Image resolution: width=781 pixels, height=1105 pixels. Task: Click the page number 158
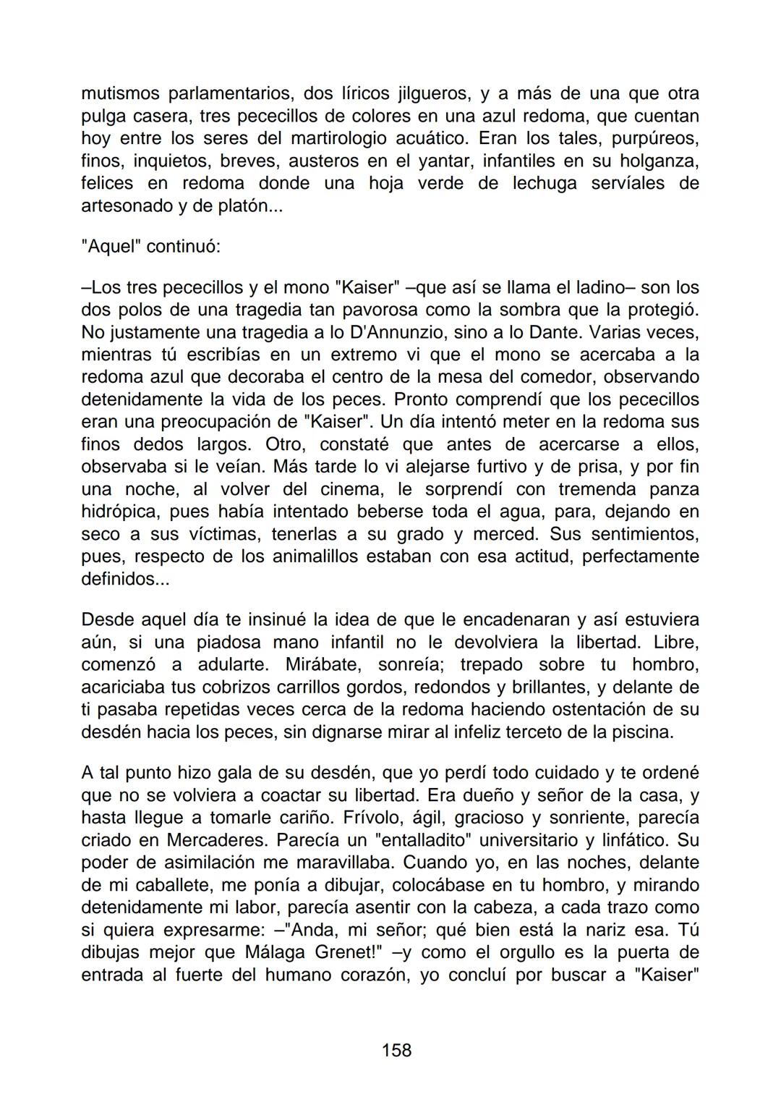click(396, 1049)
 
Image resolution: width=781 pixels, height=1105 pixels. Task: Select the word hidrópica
click(121, 512)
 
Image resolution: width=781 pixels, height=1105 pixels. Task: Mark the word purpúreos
click(654, 139)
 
